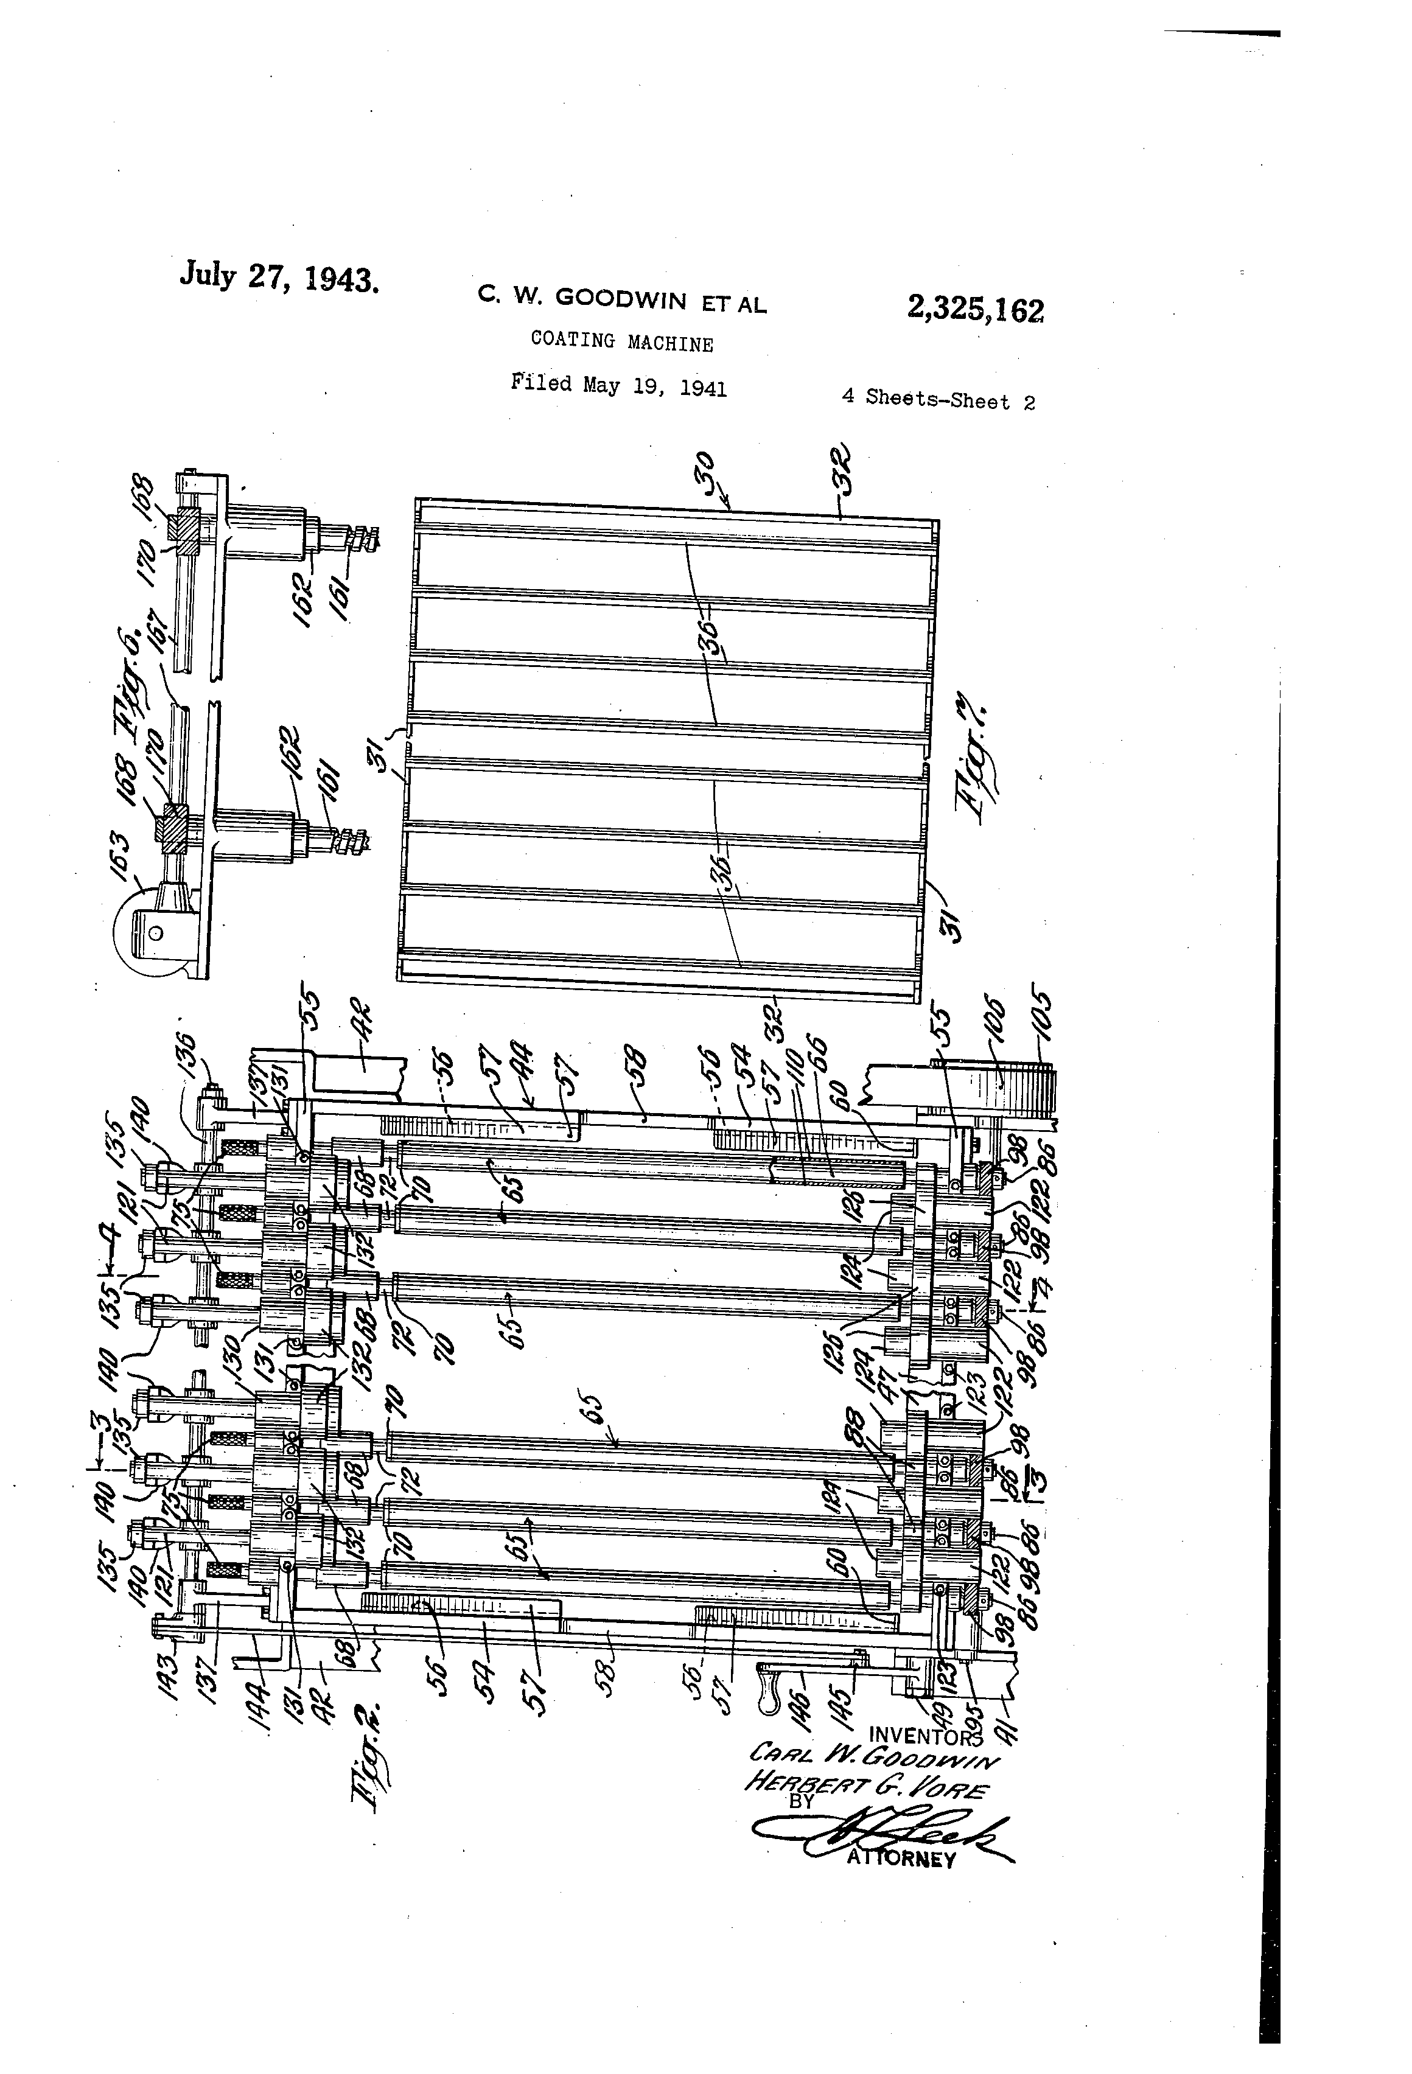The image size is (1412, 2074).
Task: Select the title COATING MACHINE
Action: point(621,342)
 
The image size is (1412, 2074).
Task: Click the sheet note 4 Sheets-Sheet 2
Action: point(938,399)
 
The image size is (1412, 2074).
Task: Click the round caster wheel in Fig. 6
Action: point(147,930)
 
